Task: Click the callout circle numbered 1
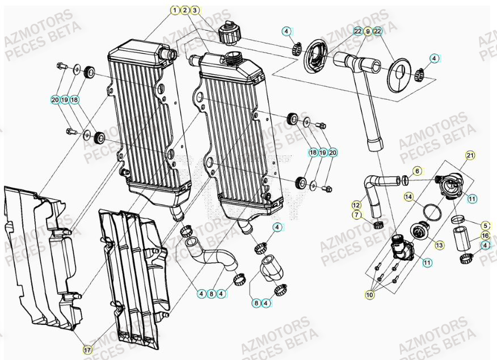[x=175, y=10]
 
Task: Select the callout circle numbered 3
[x=195, y=10]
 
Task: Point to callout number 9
[x=368, y=31]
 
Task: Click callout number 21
[x=470, y=155]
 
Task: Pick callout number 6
[x=417, y=171]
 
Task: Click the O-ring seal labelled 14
[x=433, y=212]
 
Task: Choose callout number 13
[x=439, y=245]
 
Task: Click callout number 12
[x=356, y=205]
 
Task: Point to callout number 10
[x=370, y=294]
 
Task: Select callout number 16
[x=485, y=235]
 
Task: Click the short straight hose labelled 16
[x=461, y=238]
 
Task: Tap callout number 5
[x=485, y=225]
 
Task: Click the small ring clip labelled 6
[x=405, y=181]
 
